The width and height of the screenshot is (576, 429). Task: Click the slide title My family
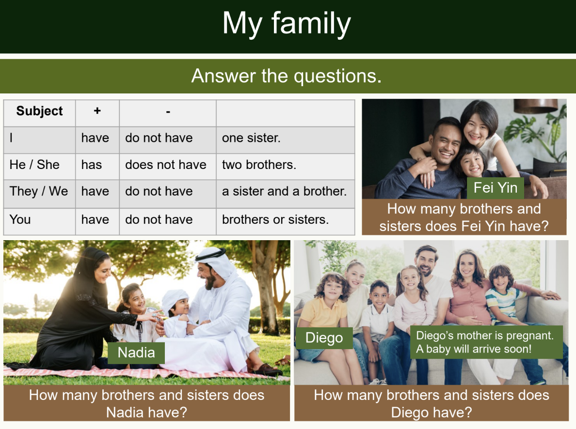coord(287,23)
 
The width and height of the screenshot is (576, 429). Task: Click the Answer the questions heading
coord(287,76)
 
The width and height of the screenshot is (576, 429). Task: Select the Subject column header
coord(39,111)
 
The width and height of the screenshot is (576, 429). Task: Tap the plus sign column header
coord(97,111)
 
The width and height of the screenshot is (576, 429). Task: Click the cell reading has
coord(92,165)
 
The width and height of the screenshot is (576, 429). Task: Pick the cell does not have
coord(165,165)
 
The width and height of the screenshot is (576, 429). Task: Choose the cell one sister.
coord(251,138)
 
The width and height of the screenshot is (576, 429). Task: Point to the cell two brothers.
coord(259,165)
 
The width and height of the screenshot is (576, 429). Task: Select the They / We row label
coord(39,191)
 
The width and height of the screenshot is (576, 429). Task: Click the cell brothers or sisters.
coord(275,219)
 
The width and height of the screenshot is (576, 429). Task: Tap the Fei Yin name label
coord(495,188)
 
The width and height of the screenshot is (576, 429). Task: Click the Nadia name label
coord(136,352)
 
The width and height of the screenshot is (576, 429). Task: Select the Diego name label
coord(324,338)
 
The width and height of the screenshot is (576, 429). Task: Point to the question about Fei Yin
coord(464,217)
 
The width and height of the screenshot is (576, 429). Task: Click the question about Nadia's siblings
coord(146,403)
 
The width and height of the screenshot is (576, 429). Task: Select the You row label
coord(20,219)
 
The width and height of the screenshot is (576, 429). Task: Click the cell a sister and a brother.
coord(284,191)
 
